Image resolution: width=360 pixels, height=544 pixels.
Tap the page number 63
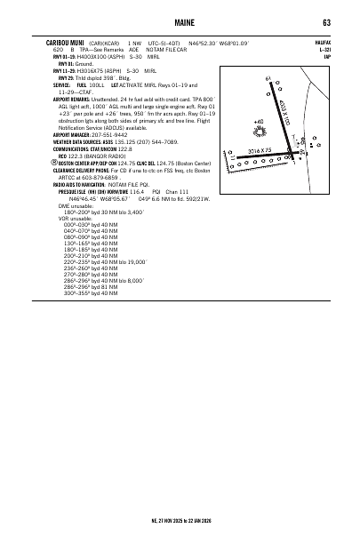coord(328,22)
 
